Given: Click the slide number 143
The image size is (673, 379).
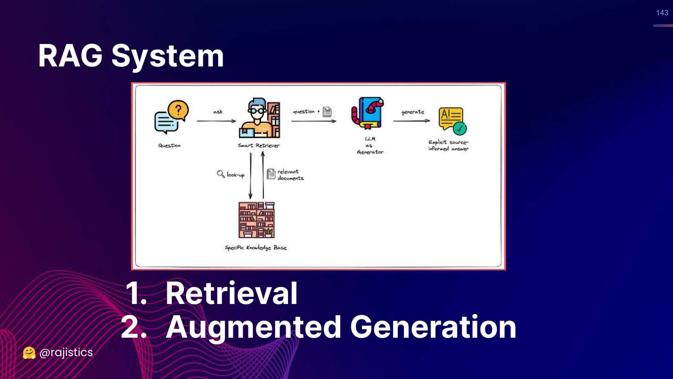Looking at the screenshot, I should pyautogui.click(x=662, y=13).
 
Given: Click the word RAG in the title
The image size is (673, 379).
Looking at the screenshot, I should pyautogui.click(x=70, y=56).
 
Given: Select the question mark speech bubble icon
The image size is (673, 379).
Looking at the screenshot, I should pyautogui.click(x=171, y=117).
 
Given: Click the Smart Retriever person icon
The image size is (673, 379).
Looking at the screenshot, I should pyautogui.click(x=259, y=118).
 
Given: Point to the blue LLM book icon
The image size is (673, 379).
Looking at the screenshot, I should pyautogui.click(x=367, y=113).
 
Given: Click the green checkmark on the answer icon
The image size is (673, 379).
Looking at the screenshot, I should pyautogui.click(x=459, y=129).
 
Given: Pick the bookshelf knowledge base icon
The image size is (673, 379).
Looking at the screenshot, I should pyautogui.click(x=256, y=220).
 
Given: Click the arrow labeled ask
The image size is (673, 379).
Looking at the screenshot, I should pyautogui.click(x=216, y=121).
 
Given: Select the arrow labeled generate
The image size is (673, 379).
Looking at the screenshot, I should pyautogui.click(x=411, y=120).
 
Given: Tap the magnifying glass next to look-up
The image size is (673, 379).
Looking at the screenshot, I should pyautogui.click(x=221, y=174).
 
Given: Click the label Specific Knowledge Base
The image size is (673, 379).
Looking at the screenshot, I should pyautogui.click(x=255, y=247).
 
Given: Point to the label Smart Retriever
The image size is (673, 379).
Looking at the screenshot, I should pyautogui.click(x=258, y=145).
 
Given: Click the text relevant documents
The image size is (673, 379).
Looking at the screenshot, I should pyautogui.click(x=290, y=175).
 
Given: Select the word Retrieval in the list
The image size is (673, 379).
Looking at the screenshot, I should pyautogui.click(x=232, y=293).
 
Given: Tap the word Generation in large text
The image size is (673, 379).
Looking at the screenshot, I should pyautogui.click(x=433, y=327).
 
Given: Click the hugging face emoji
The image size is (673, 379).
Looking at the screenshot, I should pyautogui.click(x=29, y=353).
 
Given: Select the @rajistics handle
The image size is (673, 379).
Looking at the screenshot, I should pyautogui.click(x=66, y=353).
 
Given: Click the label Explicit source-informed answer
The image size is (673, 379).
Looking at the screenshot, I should pyautogui.click(x=448, y=145).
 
